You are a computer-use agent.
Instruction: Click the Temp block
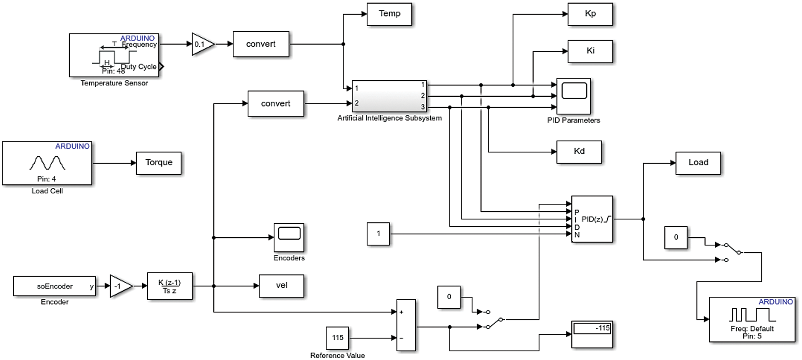[x=389, y=14]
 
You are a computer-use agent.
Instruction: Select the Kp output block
[x=590, y=14]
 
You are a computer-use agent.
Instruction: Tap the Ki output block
[x=590, y=51]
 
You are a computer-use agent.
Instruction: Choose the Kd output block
[x=579, y=152]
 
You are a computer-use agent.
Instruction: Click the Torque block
[x=158, y=163]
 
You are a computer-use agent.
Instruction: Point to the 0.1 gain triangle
[x=202, y=44]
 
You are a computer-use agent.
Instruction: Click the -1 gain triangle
[x=120, y=286]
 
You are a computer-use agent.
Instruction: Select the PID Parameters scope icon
[x=574, y=96]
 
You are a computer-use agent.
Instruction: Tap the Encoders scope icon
[x=289, y=237]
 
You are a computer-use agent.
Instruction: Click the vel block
[x=281, y=286]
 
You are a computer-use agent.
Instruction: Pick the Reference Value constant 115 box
[x=337, y=338]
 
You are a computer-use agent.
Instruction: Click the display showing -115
[x=592, y=334]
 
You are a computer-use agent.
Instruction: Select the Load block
[x=698, y=163]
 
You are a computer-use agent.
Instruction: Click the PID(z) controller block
[x=592, y=219]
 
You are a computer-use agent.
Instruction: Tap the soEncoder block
[x=55, y=286]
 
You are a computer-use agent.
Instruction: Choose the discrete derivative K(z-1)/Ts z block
[x=169, y=286]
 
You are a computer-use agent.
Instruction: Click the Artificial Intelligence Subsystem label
[x=389, y=118]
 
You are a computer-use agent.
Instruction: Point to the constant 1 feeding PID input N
[x=378, y=234]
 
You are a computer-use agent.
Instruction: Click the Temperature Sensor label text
[x=114, y=83]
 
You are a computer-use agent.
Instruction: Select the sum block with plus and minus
[x=406, y=325]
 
